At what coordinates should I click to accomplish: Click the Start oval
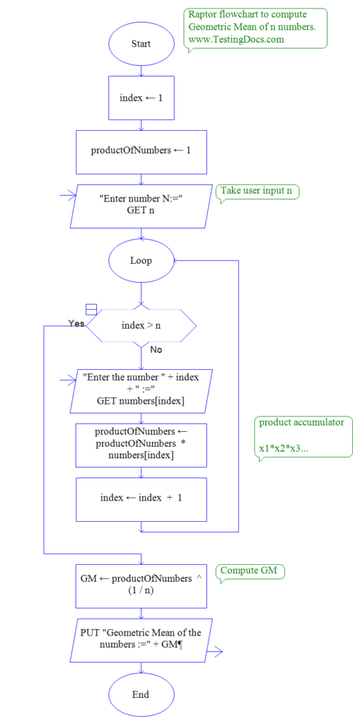click(x=141, y=44)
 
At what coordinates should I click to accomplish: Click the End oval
click(x=141, y=694)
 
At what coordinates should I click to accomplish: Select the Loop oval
click(x=141, y=260)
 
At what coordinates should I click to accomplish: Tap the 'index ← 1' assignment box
click(x=141, y=98)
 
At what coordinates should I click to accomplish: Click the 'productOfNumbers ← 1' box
click(x=141, y=151)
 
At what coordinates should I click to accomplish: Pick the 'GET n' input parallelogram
click(x=141, y=206)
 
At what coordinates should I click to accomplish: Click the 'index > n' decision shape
click(x=141, y=326)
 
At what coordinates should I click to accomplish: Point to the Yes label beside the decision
click(x=76, y=323)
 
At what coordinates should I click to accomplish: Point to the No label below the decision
click(x=156, y=349)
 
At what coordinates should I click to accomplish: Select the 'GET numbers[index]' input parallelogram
click(x=141, y=390)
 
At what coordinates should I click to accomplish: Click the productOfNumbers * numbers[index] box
click(x=141, y=444)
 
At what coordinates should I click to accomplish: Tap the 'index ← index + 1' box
click(x=141, y=498)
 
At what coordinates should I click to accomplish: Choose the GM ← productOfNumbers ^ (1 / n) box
click(x=141, y=585)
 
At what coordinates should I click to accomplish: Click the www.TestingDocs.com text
click(x=236, y=40)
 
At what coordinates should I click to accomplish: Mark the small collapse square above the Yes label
click(x=91, y=309)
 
